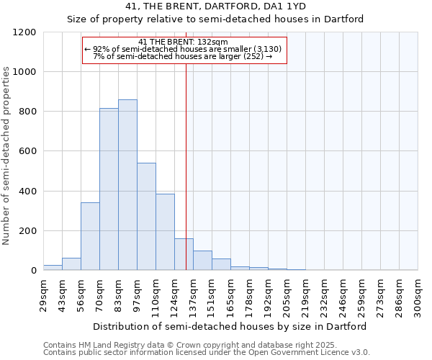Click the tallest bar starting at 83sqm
click(x=127, y=185)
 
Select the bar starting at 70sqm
click(x=109, y=189)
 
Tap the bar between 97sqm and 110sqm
click(x=146, y=216)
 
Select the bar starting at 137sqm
click(x=202, y=261)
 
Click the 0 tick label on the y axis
click(x=34, y=271)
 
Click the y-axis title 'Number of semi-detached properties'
click(x=7, y=156)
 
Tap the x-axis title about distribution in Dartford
click(x=230, y=326)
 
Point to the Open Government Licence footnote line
click(x=207, y=353)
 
